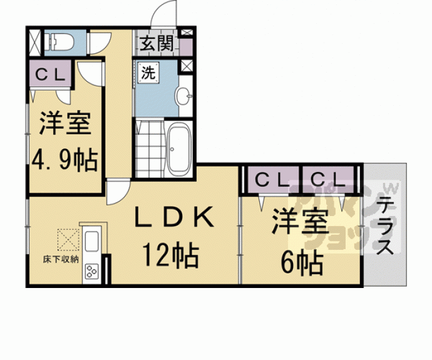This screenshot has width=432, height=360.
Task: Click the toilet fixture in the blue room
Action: tap(59, 42)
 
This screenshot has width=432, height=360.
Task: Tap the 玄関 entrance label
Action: tap(157, 43)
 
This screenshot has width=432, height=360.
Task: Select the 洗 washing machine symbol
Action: tap(148, 73)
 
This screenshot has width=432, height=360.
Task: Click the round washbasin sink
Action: tap(183, 96)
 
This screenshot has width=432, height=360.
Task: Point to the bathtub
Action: tap(179, 149)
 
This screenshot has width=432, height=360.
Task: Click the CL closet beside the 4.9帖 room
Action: tap(51, 75)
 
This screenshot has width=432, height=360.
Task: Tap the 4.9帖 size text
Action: tap(65, 160)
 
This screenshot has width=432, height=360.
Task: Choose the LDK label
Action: tap(174, 216)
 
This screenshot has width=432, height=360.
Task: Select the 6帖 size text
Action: tap(302, 262)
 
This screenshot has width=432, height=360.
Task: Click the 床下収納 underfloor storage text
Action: tap(61, 259)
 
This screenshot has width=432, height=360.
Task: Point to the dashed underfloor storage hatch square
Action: tap(68, 240)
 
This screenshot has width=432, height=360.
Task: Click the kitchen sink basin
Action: tap(92, 241)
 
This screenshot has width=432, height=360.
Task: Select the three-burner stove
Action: tap(92, 271)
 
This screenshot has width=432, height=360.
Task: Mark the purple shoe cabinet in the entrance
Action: tap(186, 47)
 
